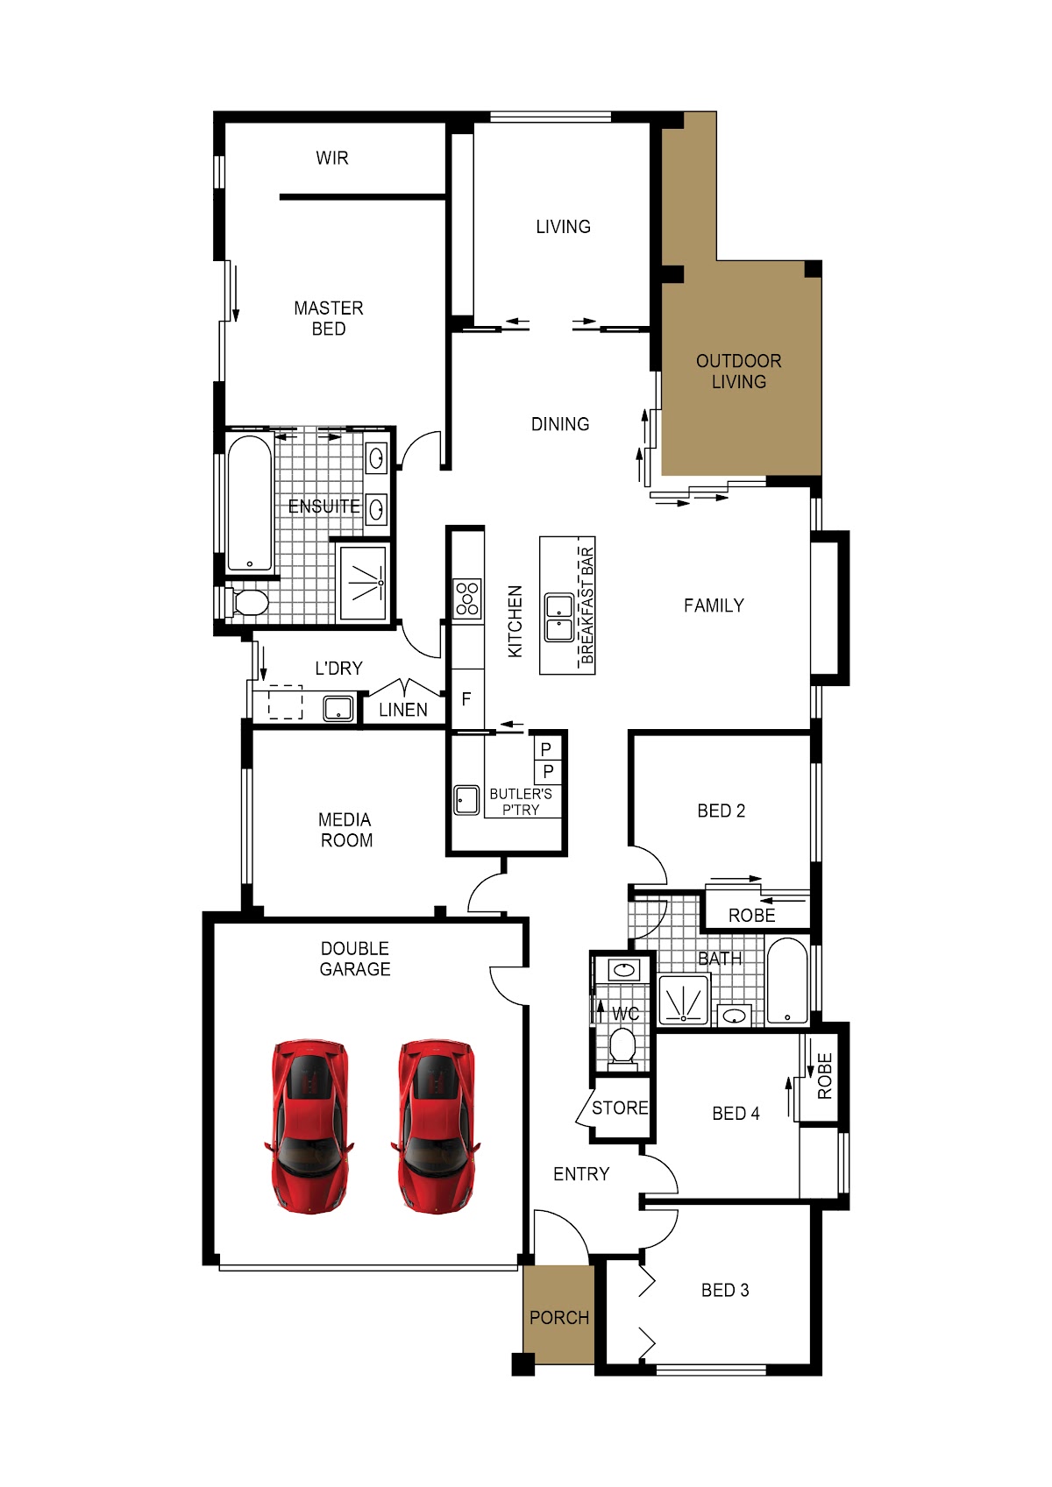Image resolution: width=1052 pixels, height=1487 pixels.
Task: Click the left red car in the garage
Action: point(309,1127)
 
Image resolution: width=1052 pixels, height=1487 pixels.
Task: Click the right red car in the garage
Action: point(436,1127)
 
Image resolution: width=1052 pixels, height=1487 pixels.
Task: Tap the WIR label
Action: point(332,158)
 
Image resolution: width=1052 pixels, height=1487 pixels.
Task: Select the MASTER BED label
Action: point(329,318)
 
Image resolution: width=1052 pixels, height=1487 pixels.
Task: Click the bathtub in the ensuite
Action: point(250,504)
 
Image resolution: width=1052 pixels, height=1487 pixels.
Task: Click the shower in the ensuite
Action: point(363,582)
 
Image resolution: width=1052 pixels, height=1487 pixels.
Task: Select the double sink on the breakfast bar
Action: point(559,618)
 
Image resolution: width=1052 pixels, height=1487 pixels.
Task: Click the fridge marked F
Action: point(467,698)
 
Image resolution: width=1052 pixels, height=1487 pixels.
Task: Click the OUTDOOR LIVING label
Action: point(738,371)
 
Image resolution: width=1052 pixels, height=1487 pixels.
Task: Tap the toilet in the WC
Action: point(623,1045)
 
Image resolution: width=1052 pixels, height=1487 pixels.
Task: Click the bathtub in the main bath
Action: point(787,981)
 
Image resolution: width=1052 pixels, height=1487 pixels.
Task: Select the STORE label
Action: point(620,1108)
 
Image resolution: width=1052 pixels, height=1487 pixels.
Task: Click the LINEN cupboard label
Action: point(403,710)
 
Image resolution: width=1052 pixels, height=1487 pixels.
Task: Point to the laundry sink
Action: point(338,708)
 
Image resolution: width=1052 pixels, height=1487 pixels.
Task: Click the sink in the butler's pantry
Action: point(466,801)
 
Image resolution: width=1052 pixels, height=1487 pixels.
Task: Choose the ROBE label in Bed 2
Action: point(752,916)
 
